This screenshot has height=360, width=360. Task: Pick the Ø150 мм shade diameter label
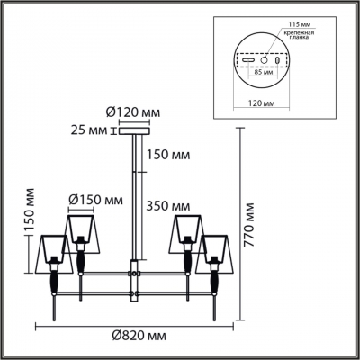(95, 199)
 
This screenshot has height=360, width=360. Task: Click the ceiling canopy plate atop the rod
(136, 131)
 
